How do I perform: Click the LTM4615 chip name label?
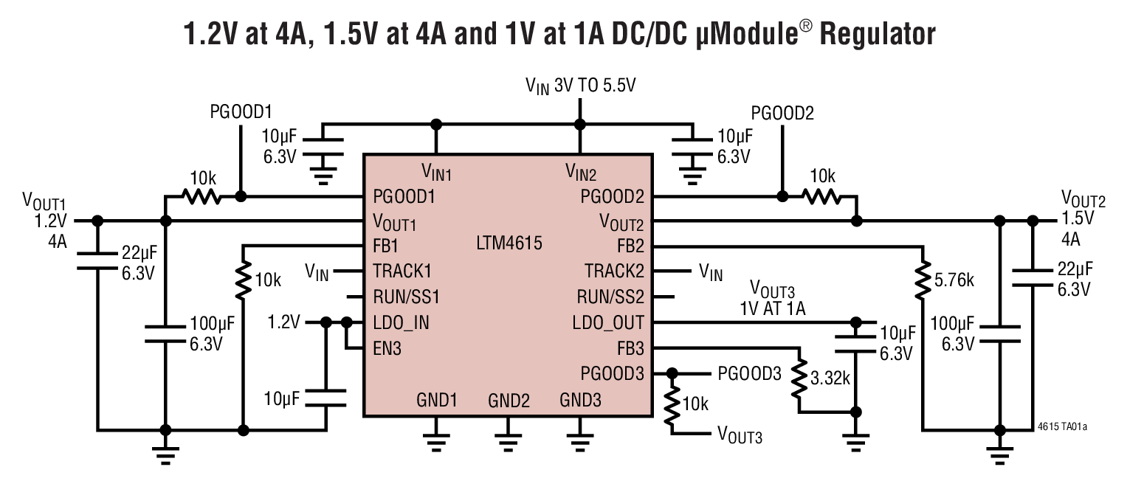[x=510, y=243]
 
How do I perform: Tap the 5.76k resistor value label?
[x=954, y=280]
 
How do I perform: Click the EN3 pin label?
[x=387, y=348]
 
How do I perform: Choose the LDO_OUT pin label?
[x=608, y=322]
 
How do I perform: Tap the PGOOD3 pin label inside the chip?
[x=612, y=373]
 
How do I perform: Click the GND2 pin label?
[x=509, y=401]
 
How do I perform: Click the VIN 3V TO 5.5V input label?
[x=580, y=86]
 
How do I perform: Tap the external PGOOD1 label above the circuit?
[x=241, y=112]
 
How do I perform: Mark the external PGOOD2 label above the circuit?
[x=782, y=113]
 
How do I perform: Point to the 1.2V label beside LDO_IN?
[x=284, y=322]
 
